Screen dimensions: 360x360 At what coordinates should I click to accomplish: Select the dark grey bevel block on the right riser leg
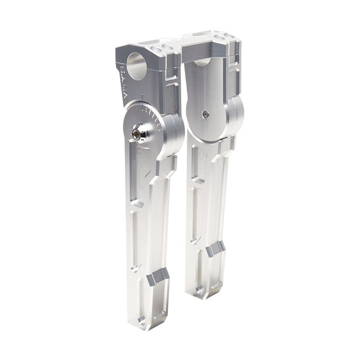[x=217, y=250]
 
